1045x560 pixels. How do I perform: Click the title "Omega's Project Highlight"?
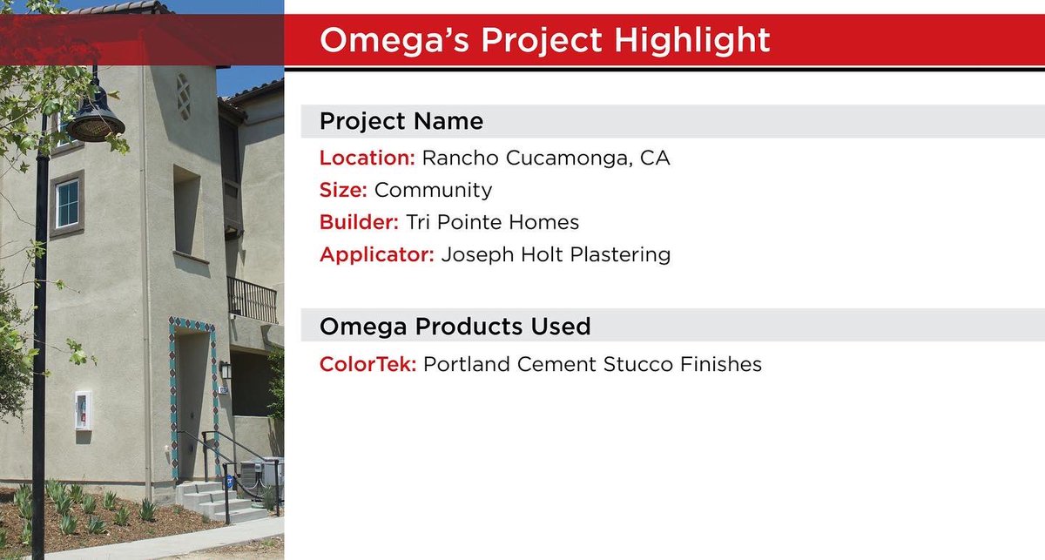coord(544,40)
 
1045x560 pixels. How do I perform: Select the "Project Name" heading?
coord(401,121)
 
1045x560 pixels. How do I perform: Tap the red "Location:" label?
coord(367,159)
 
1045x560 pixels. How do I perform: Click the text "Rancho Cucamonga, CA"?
coord(546,159)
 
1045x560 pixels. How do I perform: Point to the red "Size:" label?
coord(343,190)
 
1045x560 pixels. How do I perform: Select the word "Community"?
coord(433,190)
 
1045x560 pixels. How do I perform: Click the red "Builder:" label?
coord(359,222)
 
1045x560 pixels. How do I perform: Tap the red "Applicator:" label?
coord(376,255)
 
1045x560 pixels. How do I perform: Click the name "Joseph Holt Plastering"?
coord(556,255)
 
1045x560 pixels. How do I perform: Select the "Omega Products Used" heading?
coord(455,327)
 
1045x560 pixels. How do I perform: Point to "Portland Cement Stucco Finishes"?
coord(592,364)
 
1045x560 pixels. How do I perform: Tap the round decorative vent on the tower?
coord(184,96)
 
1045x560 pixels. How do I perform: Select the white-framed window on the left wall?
coord(67,203)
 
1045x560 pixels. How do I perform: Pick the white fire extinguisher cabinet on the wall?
coord(82,409)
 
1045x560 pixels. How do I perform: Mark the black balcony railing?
coord(252,300)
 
